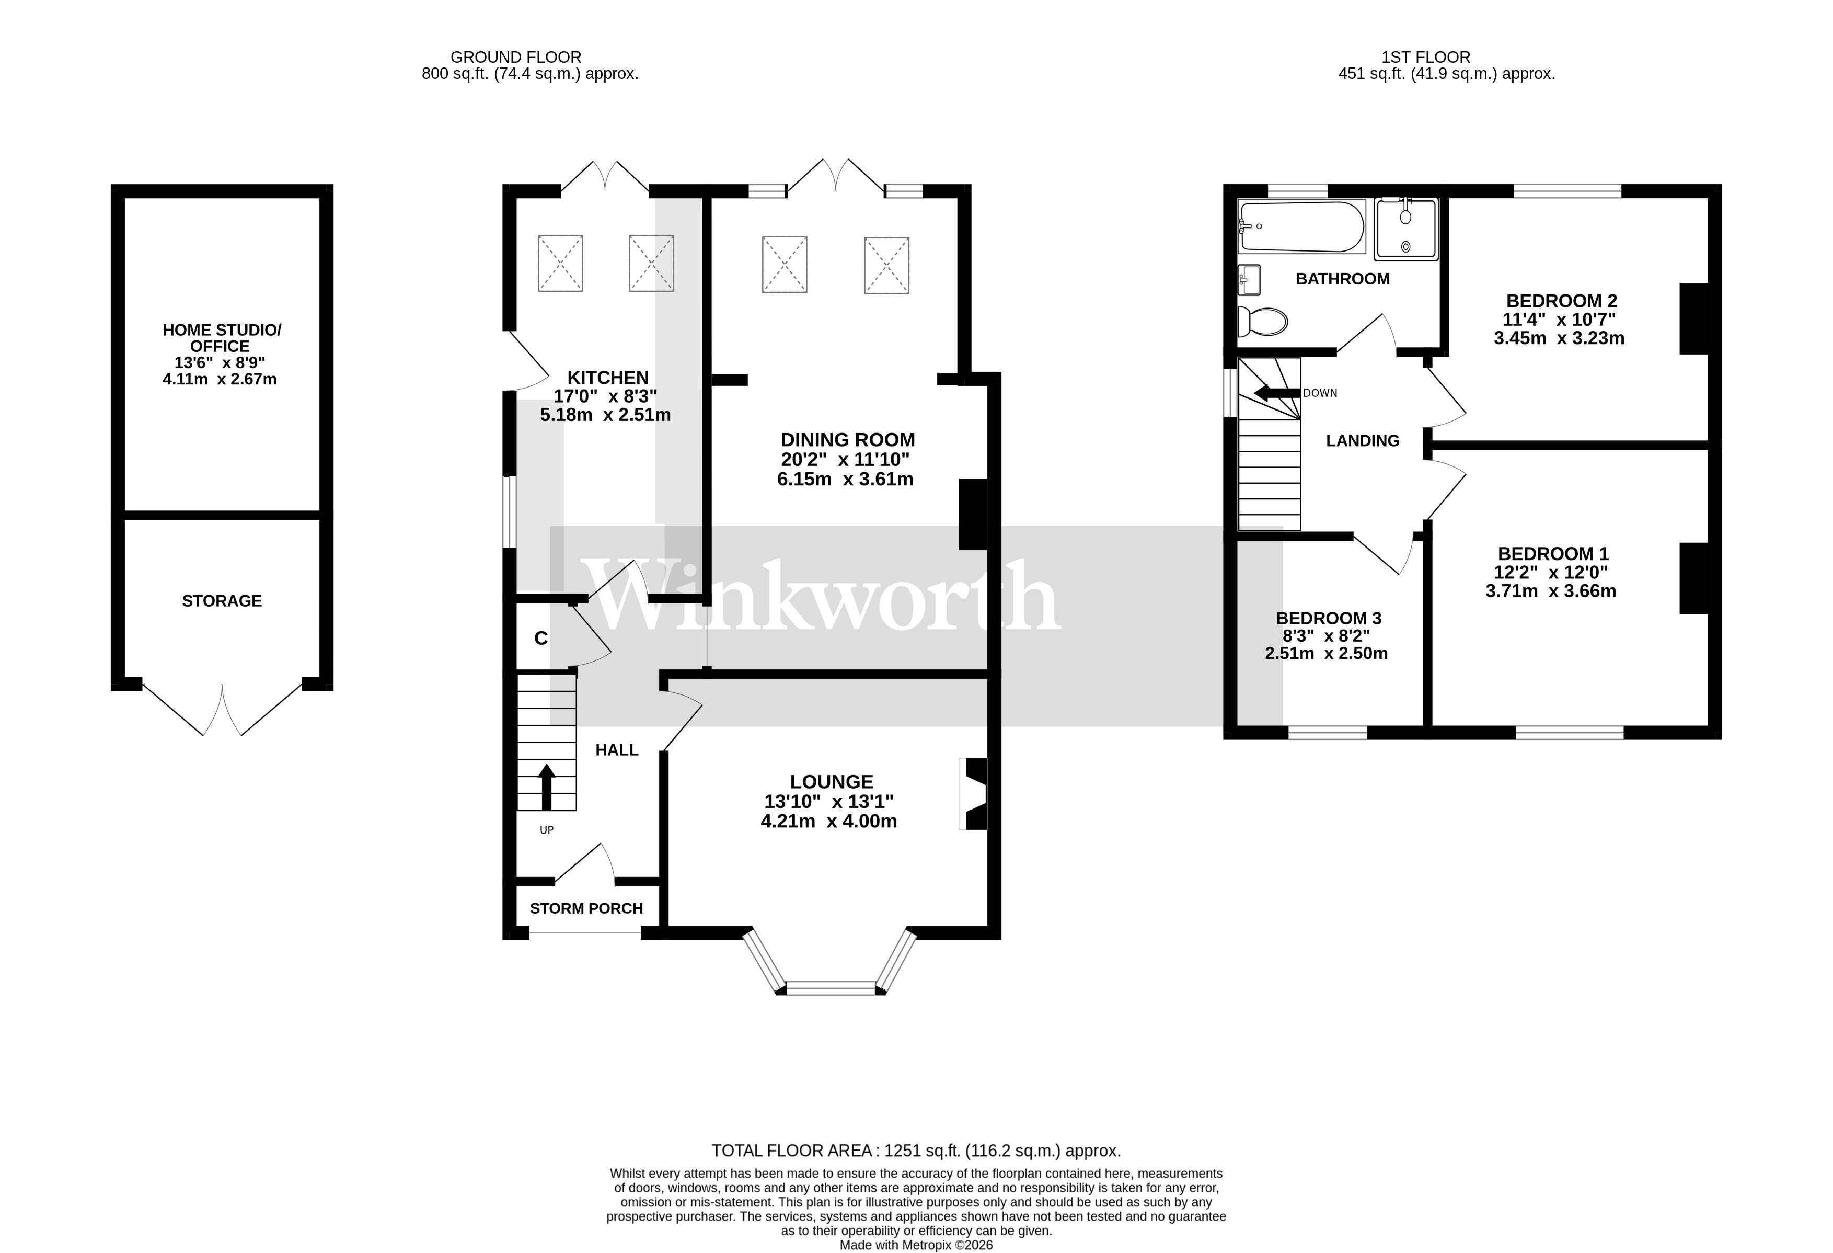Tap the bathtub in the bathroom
[1301, 226]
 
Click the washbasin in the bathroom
[1249, 279]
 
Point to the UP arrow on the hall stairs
[546, 785]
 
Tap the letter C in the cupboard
[541, 639]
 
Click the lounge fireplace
[975, 794]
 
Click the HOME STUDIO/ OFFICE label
[221, 338]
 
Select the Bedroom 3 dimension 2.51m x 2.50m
[1326, 653]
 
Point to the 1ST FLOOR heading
[1425, 57]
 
